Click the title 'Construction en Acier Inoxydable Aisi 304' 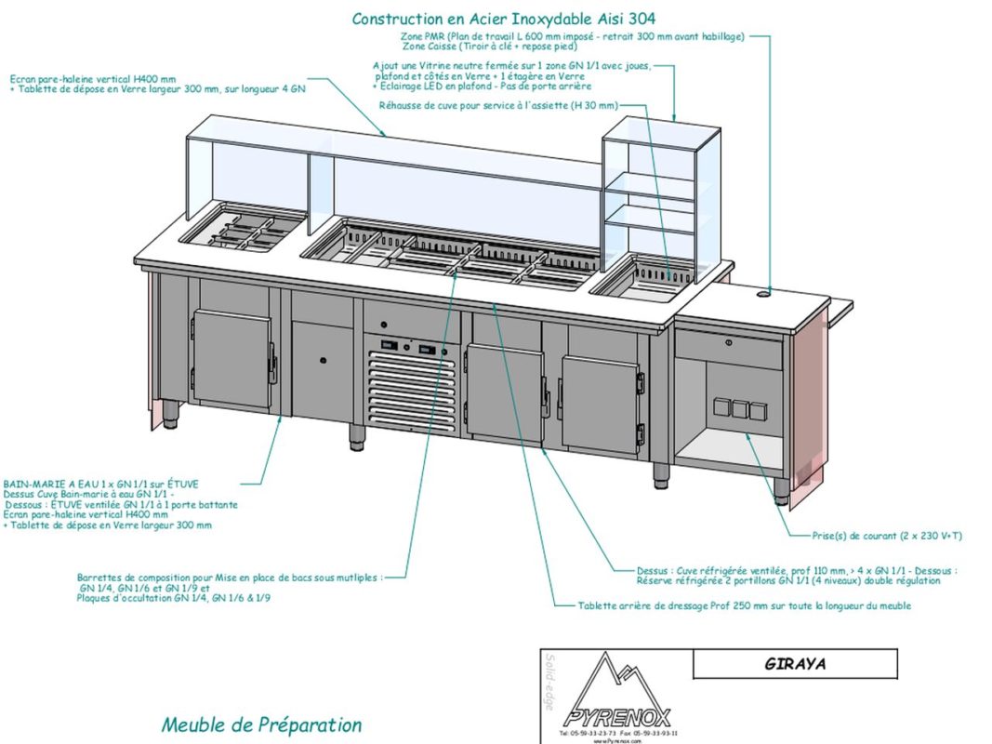503,19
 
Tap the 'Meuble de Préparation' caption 261,724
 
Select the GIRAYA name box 795,664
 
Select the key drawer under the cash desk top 728,351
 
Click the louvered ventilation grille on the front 409,389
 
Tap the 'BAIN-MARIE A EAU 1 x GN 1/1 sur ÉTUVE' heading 101,485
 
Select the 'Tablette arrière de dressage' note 744,605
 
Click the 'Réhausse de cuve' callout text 497,106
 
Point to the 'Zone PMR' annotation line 573,36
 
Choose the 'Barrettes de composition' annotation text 229,578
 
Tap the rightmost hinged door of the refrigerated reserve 601,392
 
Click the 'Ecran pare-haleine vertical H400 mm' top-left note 93,79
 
